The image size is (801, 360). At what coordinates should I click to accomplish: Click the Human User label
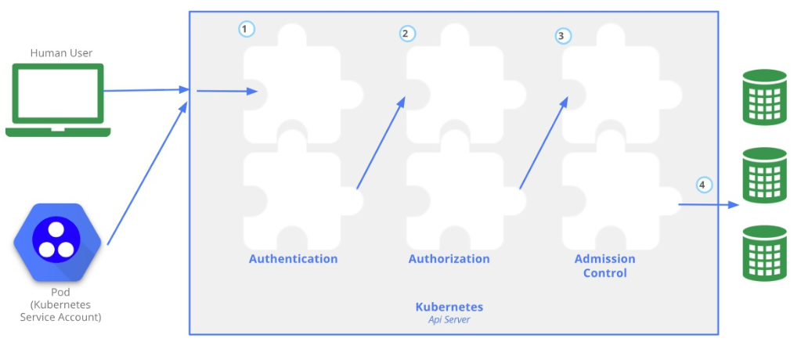61,53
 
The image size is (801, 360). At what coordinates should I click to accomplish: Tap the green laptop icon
57,100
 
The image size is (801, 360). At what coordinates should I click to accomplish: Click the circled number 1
247,29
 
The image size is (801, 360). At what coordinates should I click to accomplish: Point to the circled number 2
406,33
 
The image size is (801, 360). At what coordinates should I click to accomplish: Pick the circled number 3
562,35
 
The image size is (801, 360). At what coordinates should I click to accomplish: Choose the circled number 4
702,185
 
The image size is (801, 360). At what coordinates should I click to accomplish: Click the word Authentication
293,259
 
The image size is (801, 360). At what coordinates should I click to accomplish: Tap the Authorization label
449,259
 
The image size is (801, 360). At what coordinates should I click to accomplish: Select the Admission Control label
604,266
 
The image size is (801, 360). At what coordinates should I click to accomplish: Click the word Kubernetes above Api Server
449,307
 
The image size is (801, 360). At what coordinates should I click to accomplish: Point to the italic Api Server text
449,319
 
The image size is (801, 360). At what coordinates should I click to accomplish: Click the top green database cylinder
764,97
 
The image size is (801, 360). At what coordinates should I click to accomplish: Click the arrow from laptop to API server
145,90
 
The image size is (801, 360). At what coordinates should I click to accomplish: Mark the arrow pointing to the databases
708,205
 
